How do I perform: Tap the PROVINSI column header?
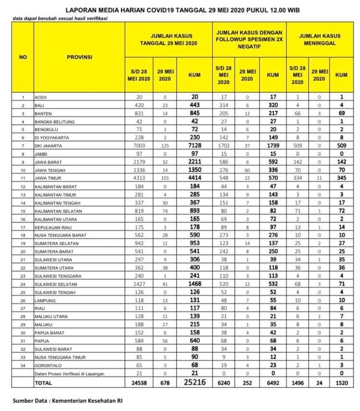79,57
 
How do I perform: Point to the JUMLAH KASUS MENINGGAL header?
320,39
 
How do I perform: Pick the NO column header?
23,57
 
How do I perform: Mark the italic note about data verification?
61,19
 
